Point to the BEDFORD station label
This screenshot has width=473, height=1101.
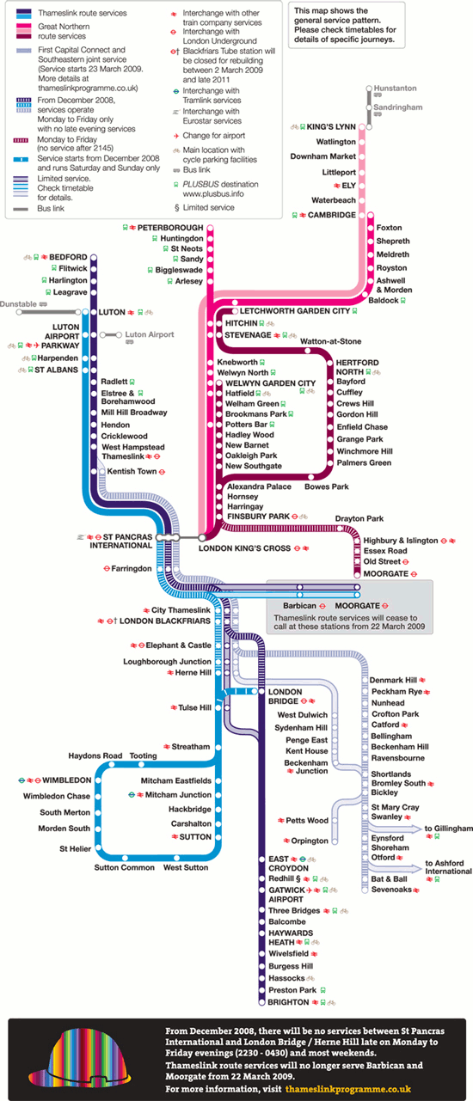click(x=68, y=257)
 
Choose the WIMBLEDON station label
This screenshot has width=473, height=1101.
click(x=67, y=780)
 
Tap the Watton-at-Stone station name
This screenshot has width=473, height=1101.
click(x=330, y=341)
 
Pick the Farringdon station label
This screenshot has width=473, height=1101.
click(x=132, y=568)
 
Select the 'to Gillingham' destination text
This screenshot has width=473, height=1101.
click(x=448, y=829)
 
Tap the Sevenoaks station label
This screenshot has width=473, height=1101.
click(x=391, y=890)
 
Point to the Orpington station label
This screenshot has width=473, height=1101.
click(x=310, y=841)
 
